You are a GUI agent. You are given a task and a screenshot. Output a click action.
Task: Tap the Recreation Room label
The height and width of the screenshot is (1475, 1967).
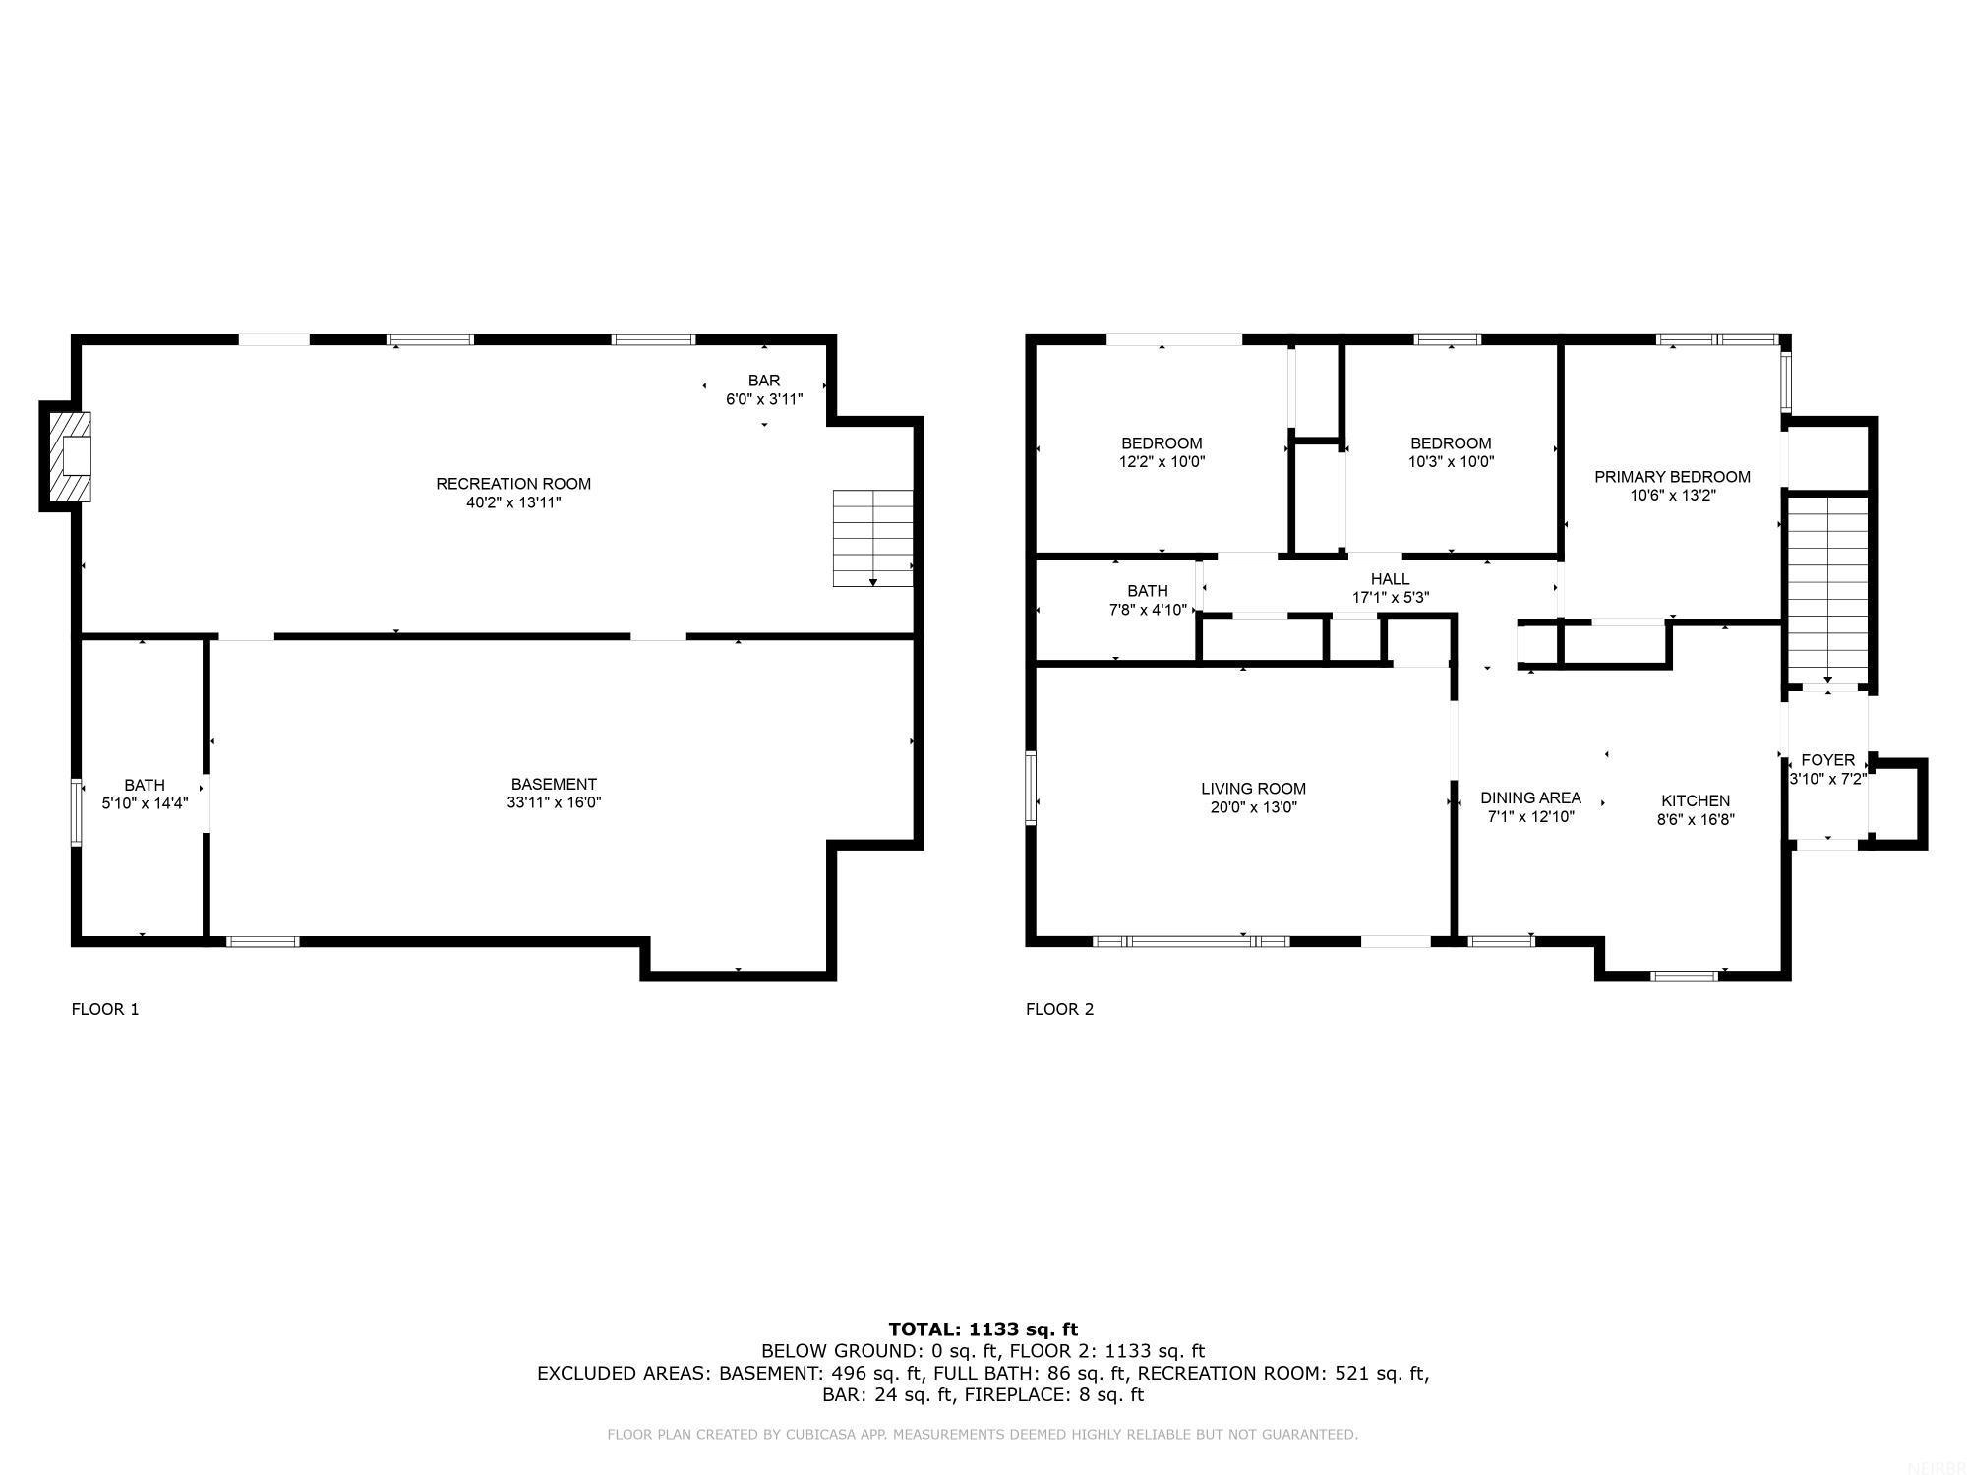pos(513,484)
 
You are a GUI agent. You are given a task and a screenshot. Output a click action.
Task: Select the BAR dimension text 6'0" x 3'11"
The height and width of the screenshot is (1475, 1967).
pos(764,399)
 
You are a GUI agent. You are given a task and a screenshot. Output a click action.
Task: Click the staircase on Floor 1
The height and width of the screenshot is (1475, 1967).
pos(872,538)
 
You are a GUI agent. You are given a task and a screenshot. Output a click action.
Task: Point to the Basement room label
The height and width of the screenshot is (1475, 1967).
pos(554,784)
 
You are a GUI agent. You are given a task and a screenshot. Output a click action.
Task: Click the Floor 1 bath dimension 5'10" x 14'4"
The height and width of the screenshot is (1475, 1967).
pos(145,803)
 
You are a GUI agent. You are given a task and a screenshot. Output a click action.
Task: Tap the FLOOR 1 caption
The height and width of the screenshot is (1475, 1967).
pos(105,1009)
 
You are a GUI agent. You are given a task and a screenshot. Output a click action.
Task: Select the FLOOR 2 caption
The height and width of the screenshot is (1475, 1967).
pos(1059,1009)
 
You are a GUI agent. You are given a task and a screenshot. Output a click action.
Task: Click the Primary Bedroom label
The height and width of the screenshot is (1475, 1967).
pos(1672,477)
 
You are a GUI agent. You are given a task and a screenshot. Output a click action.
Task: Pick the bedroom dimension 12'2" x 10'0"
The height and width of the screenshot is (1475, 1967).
pos(1162,461)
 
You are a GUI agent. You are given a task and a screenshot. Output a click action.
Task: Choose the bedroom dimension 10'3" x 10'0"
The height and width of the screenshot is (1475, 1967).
pos(1451,461)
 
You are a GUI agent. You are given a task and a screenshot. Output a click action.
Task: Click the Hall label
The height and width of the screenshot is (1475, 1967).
pos(1390,579)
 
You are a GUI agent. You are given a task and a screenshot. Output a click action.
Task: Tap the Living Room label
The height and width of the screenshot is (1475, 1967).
pos(1253,789)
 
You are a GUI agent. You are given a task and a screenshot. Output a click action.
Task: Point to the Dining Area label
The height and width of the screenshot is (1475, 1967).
pos(1530,797)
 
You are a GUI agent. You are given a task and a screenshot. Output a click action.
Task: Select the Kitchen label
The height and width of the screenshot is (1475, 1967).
pos(1696,800)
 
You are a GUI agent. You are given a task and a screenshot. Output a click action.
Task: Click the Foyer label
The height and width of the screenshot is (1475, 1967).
pos(1827,760)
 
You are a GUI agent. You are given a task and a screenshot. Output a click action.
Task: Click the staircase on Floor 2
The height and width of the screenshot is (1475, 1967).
pos(1827,590)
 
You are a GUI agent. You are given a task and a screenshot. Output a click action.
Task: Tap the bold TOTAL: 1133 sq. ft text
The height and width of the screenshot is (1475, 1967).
pos(983,1329)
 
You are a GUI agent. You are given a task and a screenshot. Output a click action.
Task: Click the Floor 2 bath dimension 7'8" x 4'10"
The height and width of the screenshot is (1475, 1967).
pos(1148,610)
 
